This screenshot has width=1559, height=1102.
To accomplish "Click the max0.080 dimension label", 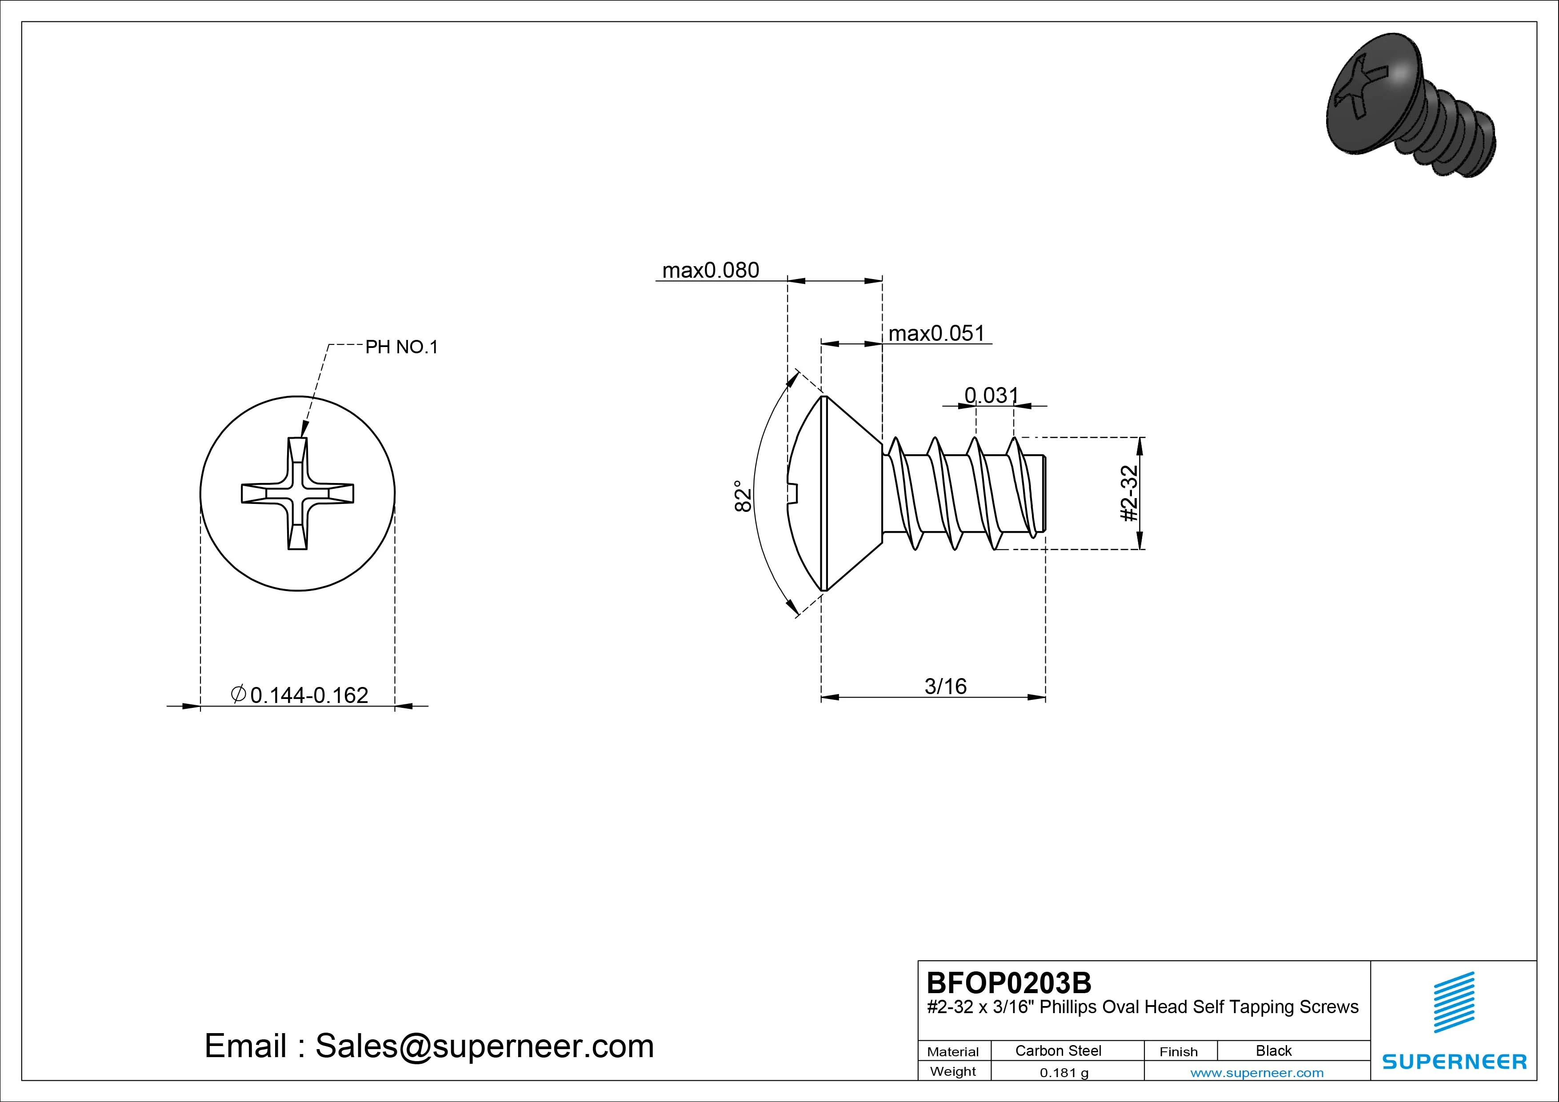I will coord(710,270).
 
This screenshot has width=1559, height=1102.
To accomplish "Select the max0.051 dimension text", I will coord(936,333).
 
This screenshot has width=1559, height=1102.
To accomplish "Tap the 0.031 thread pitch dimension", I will coord(991,395).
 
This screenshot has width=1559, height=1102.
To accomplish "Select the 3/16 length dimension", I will coord(945,687).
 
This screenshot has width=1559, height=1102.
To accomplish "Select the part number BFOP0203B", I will coord(1008,982).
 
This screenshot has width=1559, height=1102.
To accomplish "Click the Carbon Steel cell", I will coord(1058,1050).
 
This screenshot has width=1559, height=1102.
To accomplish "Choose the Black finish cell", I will coord(1273,1050).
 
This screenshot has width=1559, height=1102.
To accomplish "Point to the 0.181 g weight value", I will coord(1064,1073).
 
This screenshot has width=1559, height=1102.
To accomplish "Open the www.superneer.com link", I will coord(1257,1073).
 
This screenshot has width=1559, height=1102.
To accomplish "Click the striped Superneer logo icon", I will coord(1454,1002).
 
